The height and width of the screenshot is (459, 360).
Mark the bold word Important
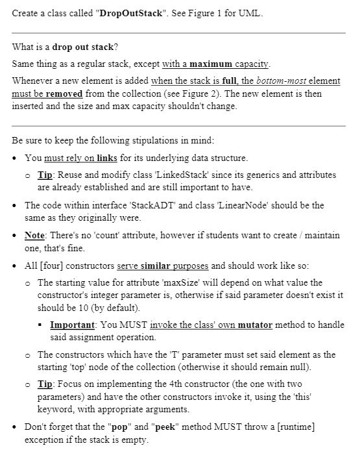(x=72, y=325)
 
